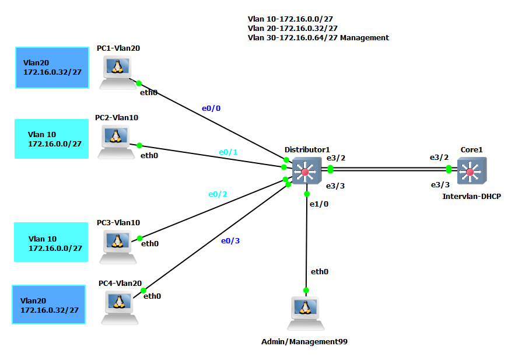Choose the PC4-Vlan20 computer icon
point(120,307)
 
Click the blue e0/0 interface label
point(211,108)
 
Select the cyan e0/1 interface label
point(228,152)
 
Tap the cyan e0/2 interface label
point(218,194)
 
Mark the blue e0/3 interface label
point(230,240)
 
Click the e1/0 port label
point(319,204)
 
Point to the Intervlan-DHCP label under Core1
point(471,197)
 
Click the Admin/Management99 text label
point(304,341)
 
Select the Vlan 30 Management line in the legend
point(318,38)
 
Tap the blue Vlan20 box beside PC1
point(52,68)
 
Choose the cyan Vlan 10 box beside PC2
point(52,139)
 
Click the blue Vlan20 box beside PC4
point(49,305)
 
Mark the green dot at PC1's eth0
point(139,83)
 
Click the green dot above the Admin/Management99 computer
point(306,290)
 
